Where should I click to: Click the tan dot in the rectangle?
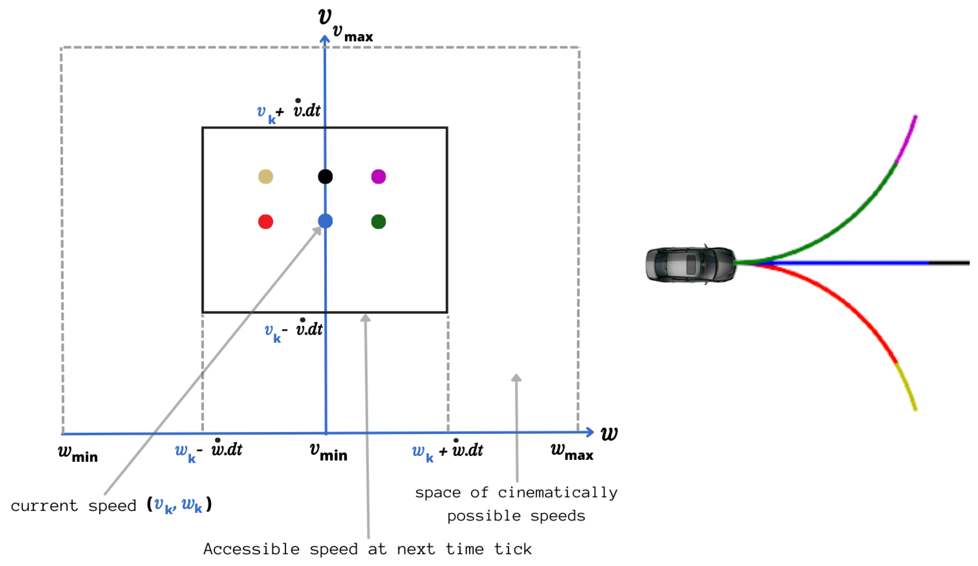coord(265,177)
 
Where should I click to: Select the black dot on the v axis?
coord(325,177)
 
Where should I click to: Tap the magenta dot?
coord(379,177)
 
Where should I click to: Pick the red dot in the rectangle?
coord(265,222)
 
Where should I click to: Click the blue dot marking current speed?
coord(325,221)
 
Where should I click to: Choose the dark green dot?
coord(379,222)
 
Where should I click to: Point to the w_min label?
coord(78,454)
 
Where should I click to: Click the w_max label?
coord(572,451)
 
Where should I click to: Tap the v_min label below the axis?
coord(328,452)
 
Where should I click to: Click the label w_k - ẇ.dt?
coord(209,451)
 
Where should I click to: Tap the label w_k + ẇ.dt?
coord(447,451)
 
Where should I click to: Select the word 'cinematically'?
coord(557,493)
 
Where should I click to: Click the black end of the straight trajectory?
coord(949,263)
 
